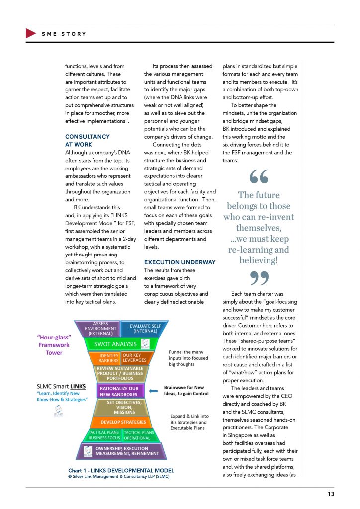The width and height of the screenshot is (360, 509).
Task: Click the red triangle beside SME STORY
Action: [30, 34]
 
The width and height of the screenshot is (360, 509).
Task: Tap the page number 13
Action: [331, 494]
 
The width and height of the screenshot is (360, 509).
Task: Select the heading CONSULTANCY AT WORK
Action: [88, 140]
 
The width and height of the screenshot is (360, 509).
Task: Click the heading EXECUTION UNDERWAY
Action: [180, 262]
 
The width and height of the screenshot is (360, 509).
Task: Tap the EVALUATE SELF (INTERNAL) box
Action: [143, 328]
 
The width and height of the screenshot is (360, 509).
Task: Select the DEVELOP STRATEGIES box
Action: [120, 422]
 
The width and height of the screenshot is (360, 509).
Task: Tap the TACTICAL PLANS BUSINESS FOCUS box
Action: [104, 435]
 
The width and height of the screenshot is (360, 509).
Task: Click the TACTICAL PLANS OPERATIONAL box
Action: [139, 435]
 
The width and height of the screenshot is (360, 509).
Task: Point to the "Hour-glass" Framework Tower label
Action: [55, 345]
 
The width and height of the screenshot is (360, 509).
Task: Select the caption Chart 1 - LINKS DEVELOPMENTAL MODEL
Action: [121, 470]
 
